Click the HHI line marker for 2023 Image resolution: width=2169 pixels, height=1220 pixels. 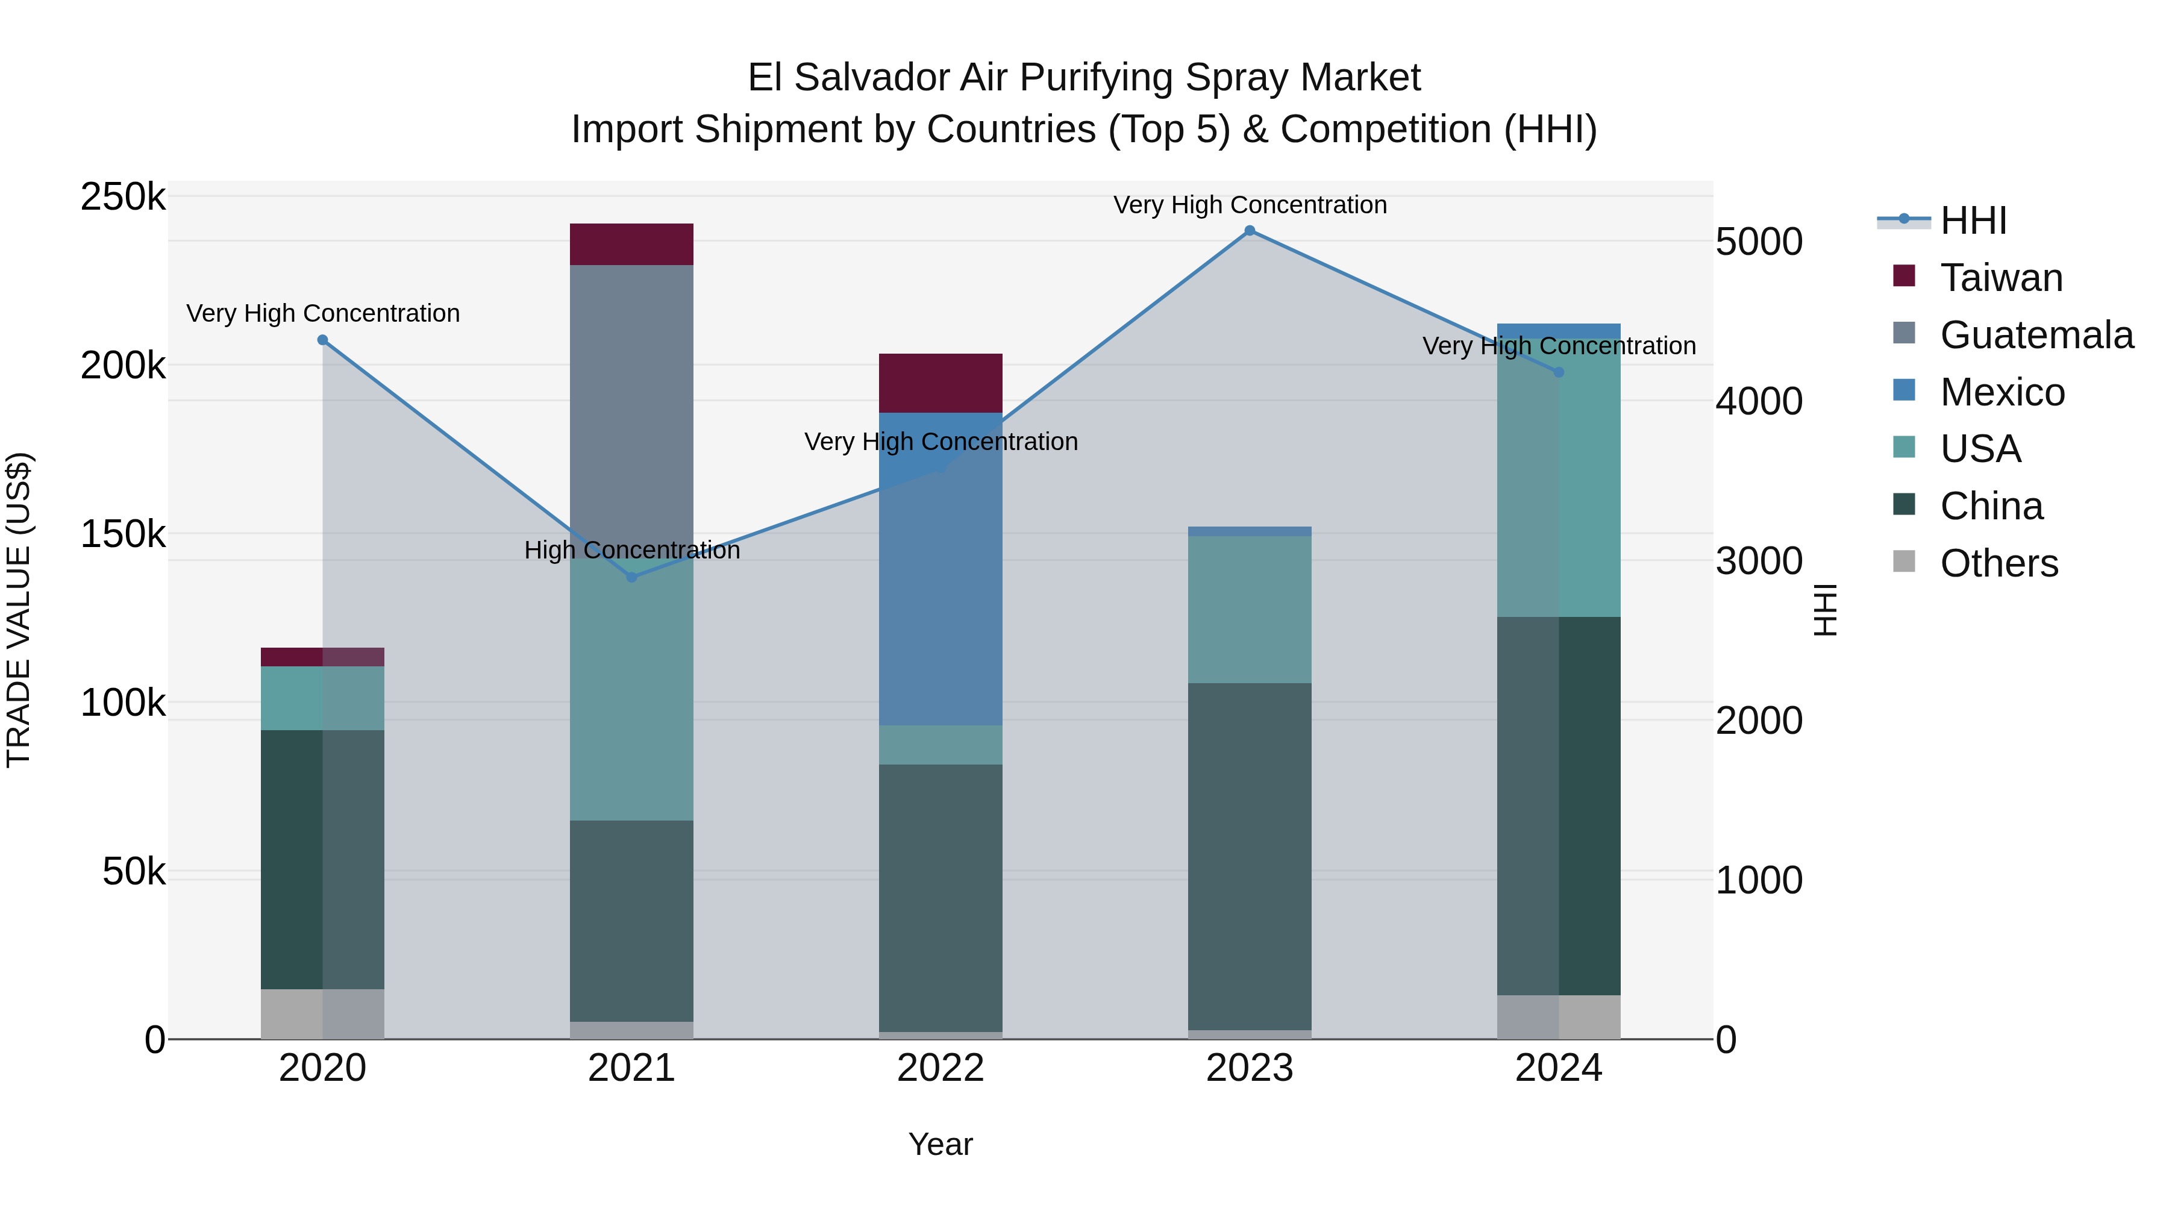click(1250, 231)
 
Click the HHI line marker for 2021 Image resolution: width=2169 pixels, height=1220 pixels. click(631, 578)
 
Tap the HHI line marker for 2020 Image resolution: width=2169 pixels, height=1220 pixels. click(322, 340)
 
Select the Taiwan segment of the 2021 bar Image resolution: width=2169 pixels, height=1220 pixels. click(631, 244)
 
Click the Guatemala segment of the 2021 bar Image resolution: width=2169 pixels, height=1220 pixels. click(631, 404)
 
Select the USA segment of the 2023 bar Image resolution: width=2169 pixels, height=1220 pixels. click(1250, 610)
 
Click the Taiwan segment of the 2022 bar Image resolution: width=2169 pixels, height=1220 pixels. click(941, 383)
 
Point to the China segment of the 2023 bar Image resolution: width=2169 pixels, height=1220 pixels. click(1250, 854)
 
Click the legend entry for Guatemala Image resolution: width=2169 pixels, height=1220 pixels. click(2036, 335)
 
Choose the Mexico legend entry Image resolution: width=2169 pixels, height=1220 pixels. click(2002, 392)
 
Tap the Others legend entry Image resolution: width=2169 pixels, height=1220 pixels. click(1999, 563)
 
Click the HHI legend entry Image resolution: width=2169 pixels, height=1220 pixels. click(1973, 221)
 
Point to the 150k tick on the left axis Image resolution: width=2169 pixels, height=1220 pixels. click(123, 534)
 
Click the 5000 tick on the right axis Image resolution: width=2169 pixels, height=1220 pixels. click(1759, 242)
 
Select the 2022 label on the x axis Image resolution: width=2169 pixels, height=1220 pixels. click(941, 1068)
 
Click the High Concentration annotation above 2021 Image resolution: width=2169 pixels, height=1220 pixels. click(631, 551)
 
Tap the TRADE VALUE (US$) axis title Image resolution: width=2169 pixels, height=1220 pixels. click(19, 610)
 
